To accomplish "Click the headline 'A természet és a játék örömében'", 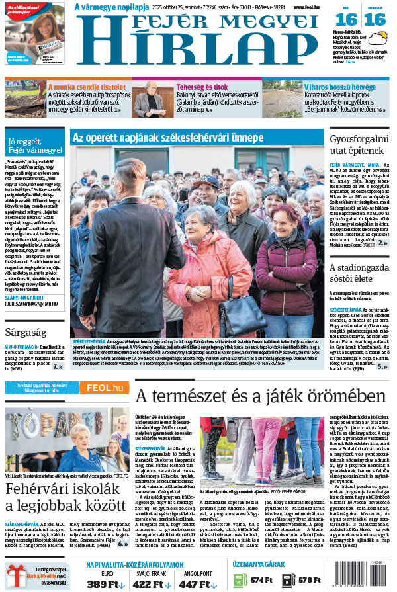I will click(259, 396).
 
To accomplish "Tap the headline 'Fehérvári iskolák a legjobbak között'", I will click(66, 499).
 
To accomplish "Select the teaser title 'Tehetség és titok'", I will click(202, 87).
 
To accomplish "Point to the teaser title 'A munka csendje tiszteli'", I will click(87, 87).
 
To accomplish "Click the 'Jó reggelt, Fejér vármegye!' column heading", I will click(34, 146).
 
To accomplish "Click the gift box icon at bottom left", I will click(16, 575).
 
